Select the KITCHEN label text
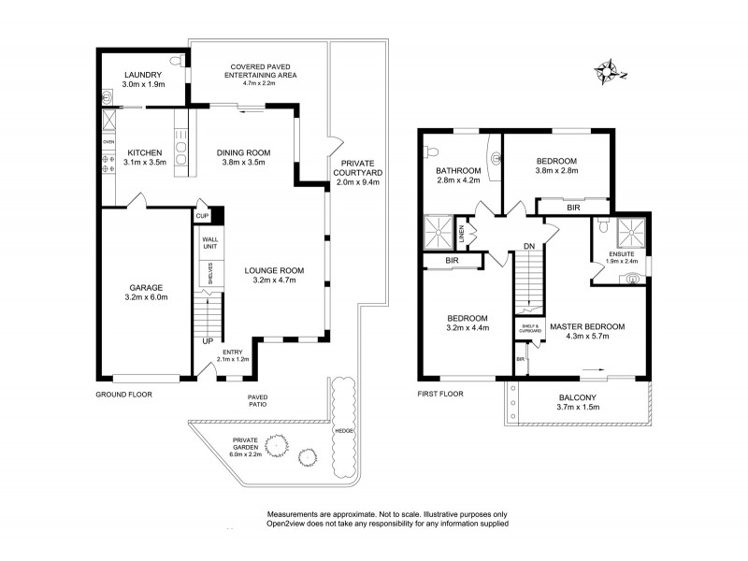click(x=145, y=152)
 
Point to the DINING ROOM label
click(x=243, y=152)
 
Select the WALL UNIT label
click(x=209, y=243)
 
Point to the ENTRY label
click(x=232, y=352)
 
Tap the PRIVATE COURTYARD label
click(x=356, y=167)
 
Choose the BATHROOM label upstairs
click(x=458, y=170)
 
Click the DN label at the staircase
click(x=529, y=247)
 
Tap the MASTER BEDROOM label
click(x=586, y=326)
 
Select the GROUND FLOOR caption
click(x=123, y=394)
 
